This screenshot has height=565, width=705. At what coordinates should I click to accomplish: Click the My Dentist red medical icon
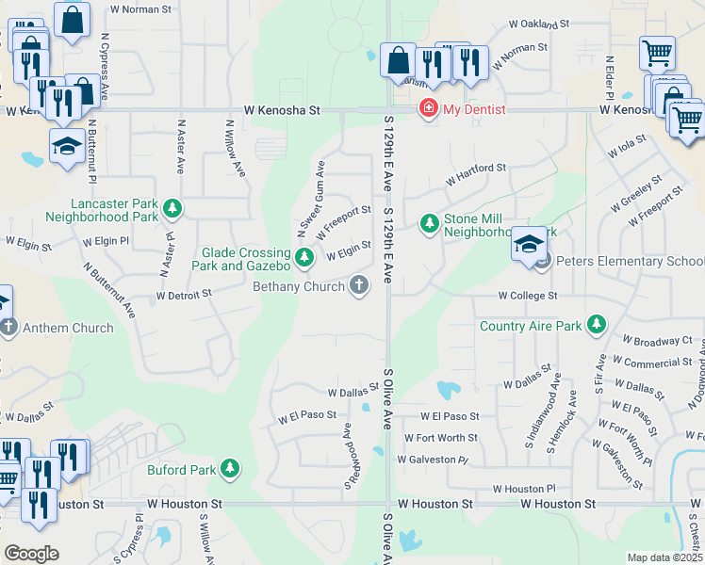[429, 110]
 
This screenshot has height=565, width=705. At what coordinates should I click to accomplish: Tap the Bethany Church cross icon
[358, 284]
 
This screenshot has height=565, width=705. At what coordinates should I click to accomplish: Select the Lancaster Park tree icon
[172, 207]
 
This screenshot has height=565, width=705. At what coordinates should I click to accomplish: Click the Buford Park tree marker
[229, 468]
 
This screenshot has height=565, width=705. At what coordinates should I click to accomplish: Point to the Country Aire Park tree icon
[596, 325]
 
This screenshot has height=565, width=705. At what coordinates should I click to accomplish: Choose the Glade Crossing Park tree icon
[303, 256]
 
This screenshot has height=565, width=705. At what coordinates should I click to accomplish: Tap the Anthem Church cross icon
[8, 328]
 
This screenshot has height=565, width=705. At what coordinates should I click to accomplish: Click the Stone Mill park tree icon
[430, 223]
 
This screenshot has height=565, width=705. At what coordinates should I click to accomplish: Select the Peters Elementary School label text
[630, 261]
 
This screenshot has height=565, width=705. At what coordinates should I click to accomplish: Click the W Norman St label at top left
[140, 9]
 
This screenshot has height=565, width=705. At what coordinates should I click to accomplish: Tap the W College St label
[529, 296]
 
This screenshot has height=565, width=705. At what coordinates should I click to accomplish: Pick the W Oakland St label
[540, 24]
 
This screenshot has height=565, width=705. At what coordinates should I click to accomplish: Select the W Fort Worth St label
[441, 438]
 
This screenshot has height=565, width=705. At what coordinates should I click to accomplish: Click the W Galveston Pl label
[433, 460]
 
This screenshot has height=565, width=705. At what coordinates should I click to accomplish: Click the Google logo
[31, 553]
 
